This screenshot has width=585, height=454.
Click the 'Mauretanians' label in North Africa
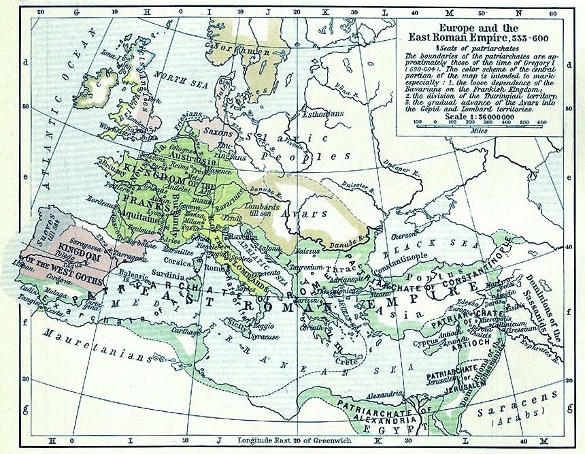pyautogui.click(x=95, y=346)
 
